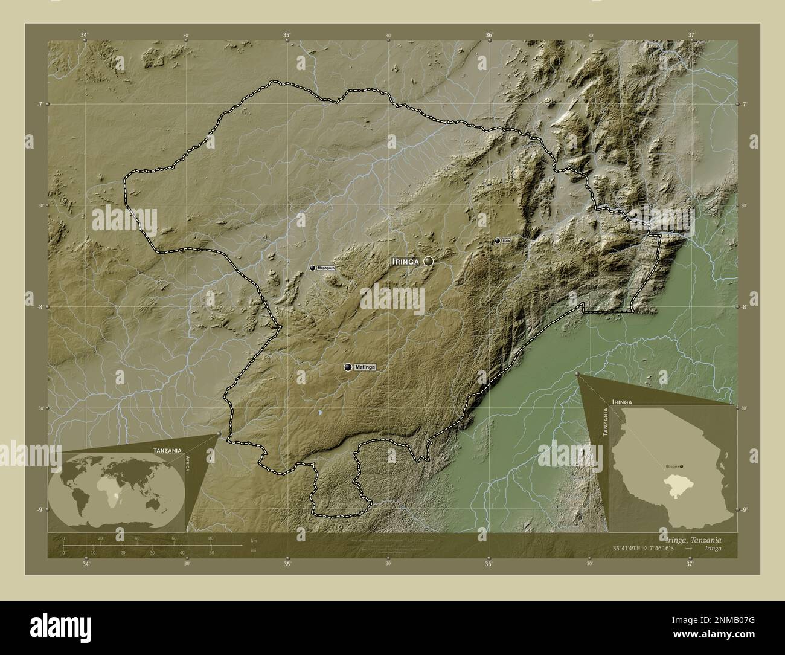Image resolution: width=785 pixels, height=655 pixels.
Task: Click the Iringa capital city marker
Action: coord(429,261)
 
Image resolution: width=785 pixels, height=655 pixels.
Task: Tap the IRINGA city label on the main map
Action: coord(406,261)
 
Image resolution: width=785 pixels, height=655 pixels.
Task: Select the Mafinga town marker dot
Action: coord(348,367)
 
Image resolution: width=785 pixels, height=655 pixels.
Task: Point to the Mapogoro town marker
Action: coord(312,268)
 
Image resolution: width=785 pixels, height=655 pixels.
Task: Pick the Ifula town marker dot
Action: coord(497,240)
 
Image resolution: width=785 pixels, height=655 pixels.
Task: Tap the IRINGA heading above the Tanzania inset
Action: coord(621,401)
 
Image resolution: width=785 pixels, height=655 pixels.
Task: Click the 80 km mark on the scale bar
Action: coord(211,538)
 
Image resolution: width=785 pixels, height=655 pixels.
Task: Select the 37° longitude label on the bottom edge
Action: coord(690,564)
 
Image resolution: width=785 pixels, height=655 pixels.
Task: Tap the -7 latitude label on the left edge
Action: coord(38,104)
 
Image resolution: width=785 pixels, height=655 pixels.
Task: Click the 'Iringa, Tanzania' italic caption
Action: coord(691,539)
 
